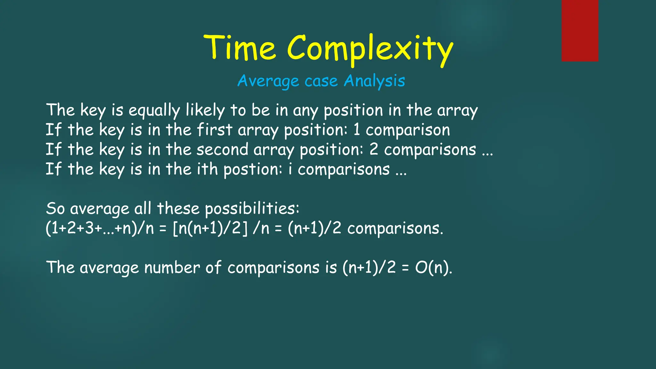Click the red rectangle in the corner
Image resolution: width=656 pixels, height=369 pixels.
click(x=580, y=30)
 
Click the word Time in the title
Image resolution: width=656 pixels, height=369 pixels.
click(x=240, y=48)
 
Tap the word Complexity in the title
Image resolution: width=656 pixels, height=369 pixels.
click(x=370, y=50)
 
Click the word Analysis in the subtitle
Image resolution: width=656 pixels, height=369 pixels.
click(x=374, y=81)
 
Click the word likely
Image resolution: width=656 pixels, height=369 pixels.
click(x=205, y=111)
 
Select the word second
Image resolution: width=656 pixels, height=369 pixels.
click(x=222, y=150)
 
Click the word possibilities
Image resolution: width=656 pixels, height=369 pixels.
click(x=252, y=209)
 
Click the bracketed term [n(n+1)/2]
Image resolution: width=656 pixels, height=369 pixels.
click(x=210, y=228)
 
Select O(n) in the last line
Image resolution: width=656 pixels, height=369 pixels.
click(x=433, y=267)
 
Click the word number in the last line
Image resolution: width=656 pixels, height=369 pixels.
click(x=172, y=267)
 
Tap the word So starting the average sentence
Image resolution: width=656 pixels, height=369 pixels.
click(x=55, y=209)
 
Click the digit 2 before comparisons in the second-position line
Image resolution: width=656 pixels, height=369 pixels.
click(x=374, y=149)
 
